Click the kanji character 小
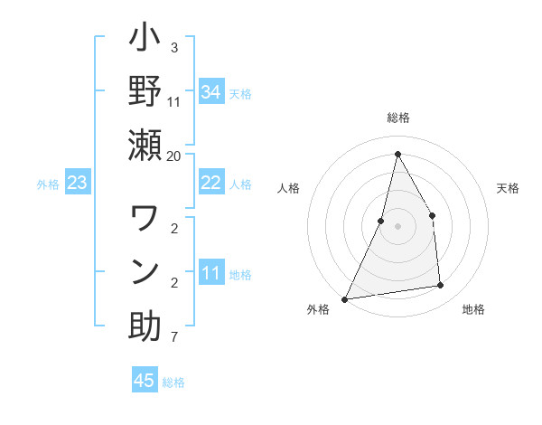click(x=145, y=41)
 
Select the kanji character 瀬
click(x=145, y=145)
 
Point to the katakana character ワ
click(x=145, y=220)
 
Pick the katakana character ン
click(x=145, y=271)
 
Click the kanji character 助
click(x=145, y=326)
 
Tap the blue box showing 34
click(x=211, y=92)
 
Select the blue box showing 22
click(x=211, y=183)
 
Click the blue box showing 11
click(x=211, y=273)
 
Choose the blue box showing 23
click(x=78, y=184)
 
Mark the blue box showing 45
click(x=145, y=381)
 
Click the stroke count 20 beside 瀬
click(x=173, y=156)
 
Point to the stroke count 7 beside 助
click(x=173, y=338)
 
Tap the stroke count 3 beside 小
click(x=173, y=47)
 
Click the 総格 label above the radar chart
click(x=397, y=118)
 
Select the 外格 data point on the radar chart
click(x=344, y=298)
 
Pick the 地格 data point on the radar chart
click(x=441, y=286)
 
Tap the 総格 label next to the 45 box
click(x=173, y=382)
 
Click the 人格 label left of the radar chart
click(x=289, y=188)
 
